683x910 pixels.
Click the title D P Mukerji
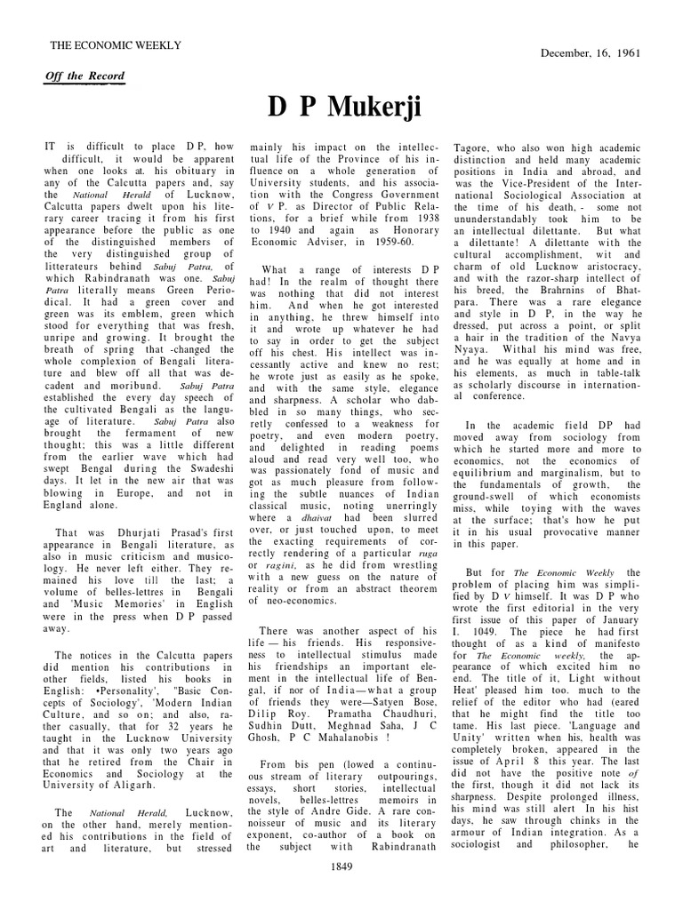pos(342,107)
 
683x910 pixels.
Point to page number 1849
pos(342,891)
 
